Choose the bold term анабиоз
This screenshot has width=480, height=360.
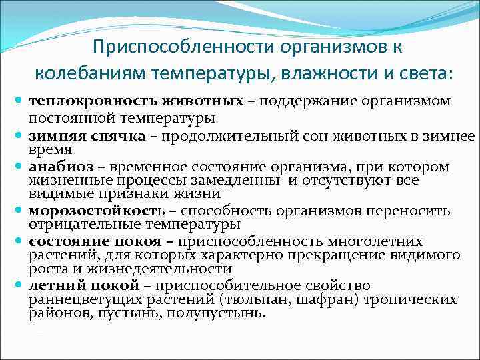click(x=57, y=166)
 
